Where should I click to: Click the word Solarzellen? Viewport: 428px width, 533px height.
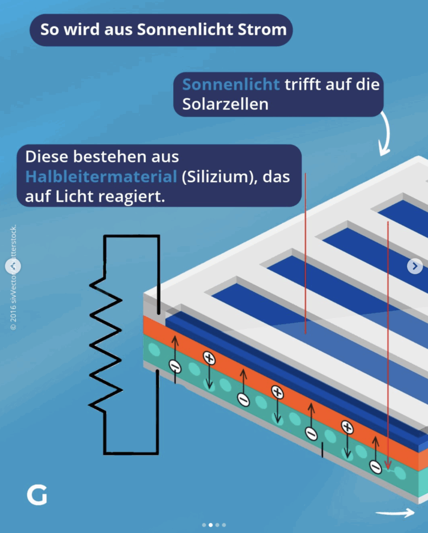tap(225, 104)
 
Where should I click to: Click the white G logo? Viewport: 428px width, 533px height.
tap(37, 496)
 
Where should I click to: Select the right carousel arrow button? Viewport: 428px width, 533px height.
tap(414, 266)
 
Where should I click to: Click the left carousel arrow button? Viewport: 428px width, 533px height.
tap(13, 266)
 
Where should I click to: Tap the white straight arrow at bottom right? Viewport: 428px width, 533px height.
tap(395, 513)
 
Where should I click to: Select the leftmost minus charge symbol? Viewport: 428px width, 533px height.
tap(176, 366)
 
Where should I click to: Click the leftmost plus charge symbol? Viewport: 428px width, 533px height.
tap(209, 358)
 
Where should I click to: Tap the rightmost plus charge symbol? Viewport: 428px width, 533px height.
tap(347, 427)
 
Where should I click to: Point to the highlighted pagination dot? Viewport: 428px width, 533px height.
tap(211, 525)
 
